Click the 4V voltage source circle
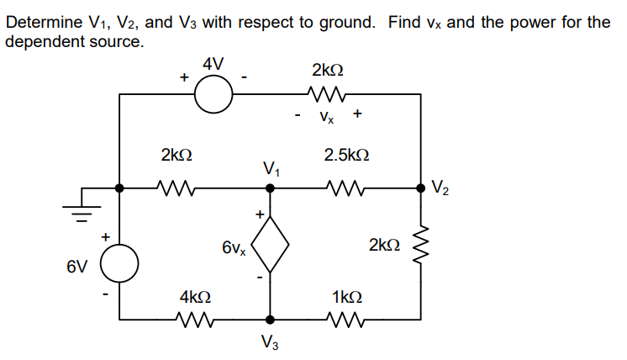click(x=214, y=93)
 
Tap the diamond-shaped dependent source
click(x=270, y=246)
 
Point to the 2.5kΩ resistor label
click(x=346, y=156)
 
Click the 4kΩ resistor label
click(x=195, y=297)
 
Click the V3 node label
click(x=270, y=342)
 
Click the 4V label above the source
click(x=213, y=63)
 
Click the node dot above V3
click(x=270, y=320)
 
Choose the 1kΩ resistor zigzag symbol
click(x=346, y=319)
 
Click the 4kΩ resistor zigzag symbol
click(x=195, y=319)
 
